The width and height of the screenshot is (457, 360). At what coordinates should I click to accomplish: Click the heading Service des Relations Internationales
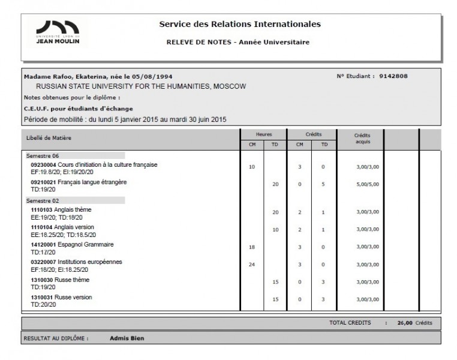click(x=240, y=25)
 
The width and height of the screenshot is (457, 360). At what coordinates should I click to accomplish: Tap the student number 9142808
click(x=393, y=76)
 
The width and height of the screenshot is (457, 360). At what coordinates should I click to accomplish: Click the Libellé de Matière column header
click(x=49, y=137)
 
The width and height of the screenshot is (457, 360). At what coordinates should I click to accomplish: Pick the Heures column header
click(x=263, y=134)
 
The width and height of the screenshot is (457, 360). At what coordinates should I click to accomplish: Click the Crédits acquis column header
click(x=363, y=139)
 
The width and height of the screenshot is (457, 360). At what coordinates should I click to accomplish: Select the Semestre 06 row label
click(x=39, y=155)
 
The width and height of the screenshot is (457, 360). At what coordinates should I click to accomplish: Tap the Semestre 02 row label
click(x=39, y=200)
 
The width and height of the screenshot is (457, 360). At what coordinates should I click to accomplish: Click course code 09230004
click(x=43, y=164)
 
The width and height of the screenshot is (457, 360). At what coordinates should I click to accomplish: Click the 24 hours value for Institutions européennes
click(x=251, y=265)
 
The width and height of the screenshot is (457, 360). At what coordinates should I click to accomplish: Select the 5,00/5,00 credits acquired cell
click(x=366, y=185)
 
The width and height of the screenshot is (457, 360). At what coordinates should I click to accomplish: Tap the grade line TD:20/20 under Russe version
click(x=43, y=305)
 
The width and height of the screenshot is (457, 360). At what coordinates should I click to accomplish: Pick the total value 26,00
click(x=405, y=323)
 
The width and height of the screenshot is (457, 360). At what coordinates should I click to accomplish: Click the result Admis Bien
click(x=127, y=338)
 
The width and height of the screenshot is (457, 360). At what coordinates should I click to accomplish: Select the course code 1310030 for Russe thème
click(x=41, y=280)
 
